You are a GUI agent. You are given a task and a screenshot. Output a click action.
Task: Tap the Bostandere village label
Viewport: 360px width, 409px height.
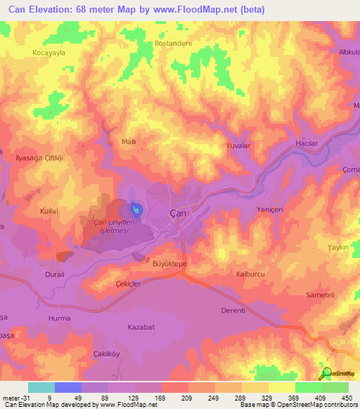pos(173,43)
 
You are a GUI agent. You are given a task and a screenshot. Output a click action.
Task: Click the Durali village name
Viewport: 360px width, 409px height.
pos(55,275)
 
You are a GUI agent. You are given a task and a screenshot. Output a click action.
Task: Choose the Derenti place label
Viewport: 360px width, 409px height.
pos(232,311)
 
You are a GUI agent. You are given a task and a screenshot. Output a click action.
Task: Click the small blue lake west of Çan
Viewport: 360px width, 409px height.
pos(136,209)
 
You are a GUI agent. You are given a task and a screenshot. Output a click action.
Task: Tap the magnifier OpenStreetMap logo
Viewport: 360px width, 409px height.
pos(326,373)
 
